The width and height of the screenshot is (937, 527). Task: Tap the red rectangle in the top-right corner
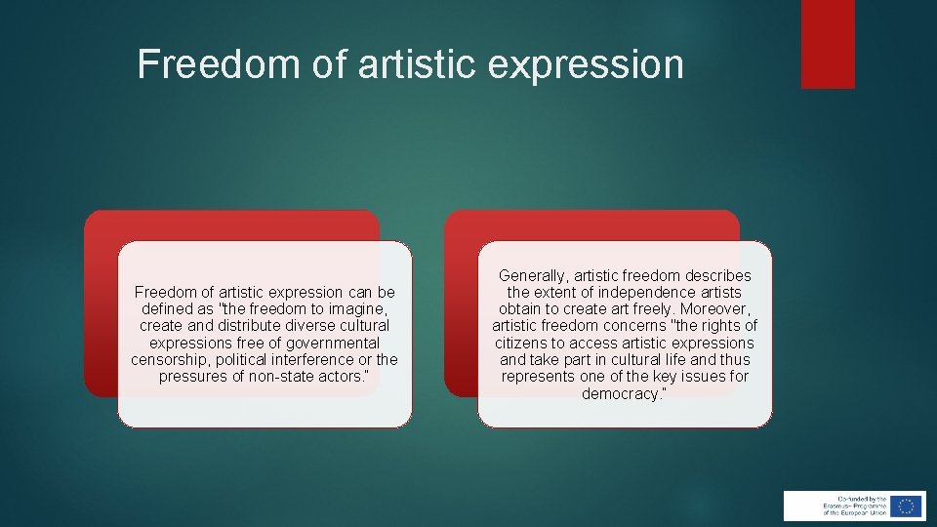(828, 44)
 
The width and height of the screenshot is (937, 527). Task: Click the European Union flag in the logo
(907, 506)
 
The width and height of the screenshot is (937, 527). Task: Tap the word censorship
(169, 359)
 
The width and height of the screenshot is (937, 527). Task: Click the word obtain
(518, 309)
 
